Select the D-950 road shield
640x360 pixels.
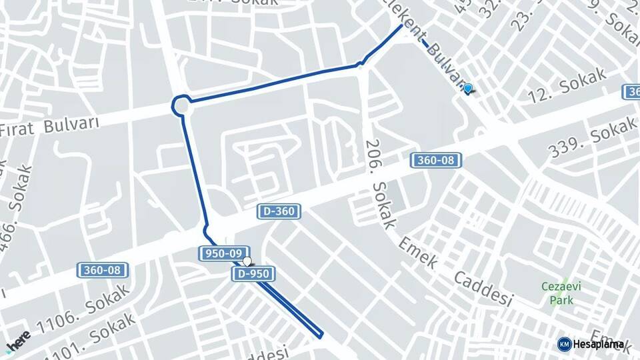(253, 273)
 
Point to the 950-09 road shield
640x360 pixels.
(223, 253)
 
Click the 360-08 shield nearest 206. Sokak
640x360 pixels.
(437, 160)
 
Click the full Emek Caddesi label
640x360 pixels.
(457, 270)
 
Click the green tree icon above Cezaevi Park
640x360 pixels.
(564, 282)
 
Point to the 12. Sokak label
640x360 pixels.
(567, 85)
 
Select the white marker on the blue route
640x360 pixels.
(247, 261)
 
